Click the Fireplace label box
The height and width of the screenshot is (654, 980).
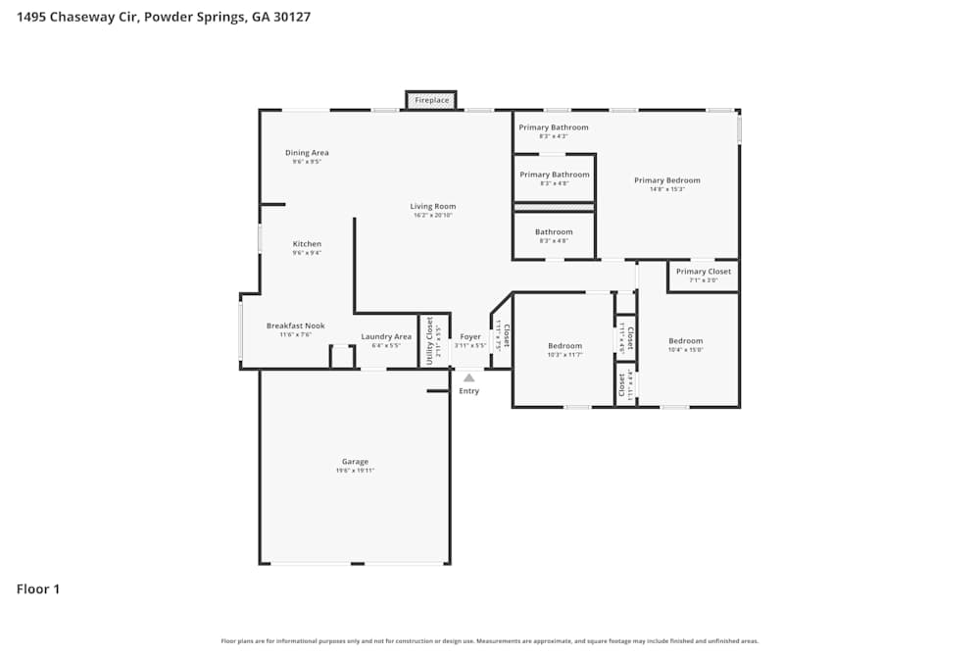coord(431,100)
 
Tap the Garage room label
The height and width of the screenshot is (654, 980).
coord(355,462)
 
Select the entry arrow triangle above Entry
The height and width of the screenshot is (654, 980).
coord(469,377)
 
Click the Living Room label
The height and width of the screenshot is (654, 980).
coord(432,206)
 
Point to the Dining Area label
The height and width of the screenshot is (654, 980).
coord(307,153)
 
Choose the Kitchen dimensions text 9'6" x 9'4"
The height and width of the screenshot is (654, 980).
coord(307,253)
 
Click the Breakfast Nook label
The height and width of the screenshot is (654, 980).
coord(295,326)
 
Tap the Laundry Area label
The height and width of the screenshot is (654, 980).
coord(386,336)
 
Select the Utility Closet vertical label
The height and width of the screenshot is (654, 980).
coord(429,341)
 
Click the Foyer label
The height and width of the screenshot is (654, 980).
coord(470,336)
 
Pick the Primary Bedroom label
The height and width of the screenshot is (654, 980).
coord(666,180)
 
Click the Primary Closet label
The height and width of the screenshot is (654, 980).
coord(704,272)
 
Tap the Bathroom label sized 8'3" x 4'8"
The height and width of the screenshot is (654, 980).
coord(554,232)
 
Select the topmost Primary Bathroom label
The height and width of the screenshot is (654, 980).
coord(554,127)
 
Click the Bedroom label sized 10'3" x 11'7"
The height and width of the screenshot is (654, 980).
coord(564,345)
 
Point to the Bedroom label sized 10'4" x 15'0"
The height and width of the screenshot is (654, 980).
coord(685,341)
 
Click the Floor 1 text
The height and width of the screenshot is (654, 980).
coord(38,589)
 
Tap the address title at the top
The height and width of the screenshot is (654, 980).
coord(164,17)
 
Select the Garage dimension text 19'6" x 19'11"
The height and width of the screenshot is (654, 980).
coord(355,471)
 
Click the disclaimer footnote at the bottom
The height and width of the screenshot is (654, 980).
coord(489,641)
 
